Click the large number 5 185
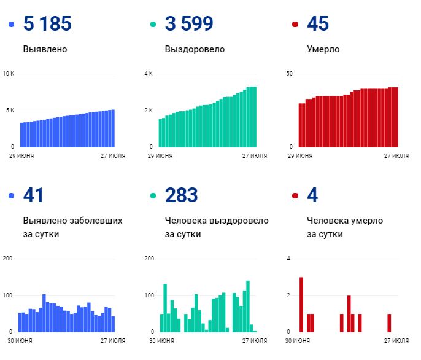tap(47, 24)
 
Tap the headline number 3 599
tap(189, 24)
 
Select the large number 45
tap(317, 24)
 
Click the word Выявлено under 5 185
tap(45, 49)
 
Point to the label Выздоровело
tap(195, 49)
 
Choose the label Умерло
tap(323, 49)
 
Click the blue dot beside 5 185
tap(11, 25)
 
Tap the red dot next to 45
tap(295, 25)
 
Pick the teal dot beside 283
tap(153, 196)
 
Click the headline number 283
tap(181, 195)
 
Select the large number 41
tap(34, 195)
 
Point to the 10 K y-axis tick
tap(8, 74)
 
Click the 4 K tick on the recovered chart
tap(148, 74)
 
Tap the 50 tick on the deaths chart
tap(290, 74)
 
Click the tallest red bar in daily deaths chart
tap(301, 304)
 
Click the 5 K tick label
tap(9, 111)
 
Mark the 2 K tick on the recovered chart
tap(148, 111)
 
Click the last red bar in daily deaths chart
tap(389, 323)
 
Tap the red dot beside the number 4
tap(295, 196)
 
